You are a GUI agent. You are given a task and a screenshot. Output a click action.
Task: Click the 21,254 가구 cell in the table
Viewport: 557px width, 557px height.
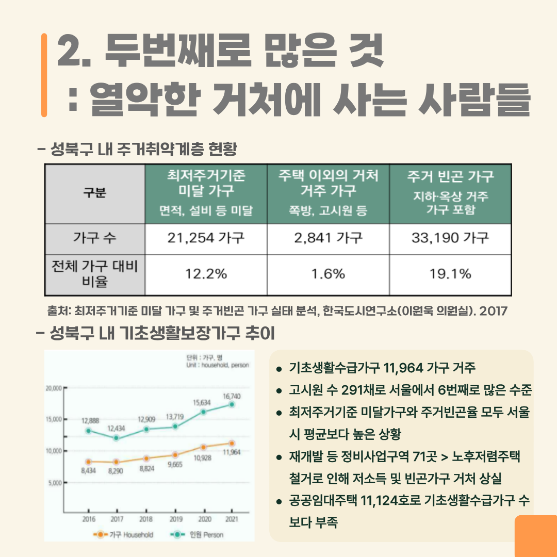[x=206, y=238]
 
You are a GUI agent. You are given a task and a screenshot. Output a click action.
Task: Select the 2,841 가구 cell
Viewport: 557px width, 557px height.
[x=328, y=238]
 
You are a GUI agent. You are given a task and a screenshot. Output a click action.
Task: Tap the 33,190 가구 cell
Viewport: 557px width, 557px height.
[x=450, y=238]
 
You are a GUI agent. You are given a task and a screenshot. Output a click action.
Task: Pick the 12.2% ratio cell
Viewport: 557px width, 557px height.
[x=206, y=274]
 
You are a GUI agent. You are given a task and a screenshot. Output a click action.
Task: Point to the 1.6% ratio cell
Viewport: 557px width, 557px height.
[x=328, y=274]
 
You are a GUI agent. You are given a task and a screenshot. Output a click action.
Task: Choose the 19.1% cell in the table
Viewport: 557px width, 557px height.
[x=450, y=274]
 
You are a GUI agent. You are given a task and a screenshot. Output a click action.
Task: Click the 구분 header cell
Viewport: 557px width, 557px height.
[x=95, y=193]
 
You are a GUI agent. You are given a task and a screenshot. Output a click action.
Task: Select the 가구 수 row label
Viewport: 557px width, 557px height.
[x=95, y=238]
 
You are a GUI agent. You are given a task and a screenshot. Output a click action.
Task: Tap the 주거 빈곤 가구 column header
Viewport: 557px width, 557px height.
[x=450, y=193]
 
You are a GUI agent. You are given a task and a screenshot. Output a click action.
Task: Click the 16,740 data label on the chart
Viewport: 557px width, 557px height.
[x=232, y=396]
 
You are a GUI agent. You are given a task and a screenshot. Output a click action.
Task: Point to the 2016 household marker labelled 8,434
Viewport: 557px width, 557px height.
[x=89, y=462]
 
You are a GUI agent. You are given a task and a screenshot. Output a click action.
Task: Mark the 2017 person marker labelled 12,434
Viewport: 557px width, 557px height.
[x=117, y=438]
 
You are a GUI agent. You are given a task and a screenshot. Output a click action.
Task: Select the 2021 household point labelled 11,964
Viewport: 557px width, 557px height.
[x=232, y=443]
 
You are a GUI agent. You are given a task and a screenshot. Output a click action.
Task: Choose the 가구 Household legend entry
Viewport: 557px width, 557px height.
[x=124, y=535]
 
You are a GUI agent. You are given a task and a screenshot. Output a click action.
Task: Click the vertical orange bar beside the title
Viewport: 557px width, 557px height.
[x=44, y=75]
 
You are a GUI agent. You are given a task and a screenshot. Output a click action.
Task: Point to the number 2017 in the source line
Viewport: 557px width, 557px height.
[x=494, y=311]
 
